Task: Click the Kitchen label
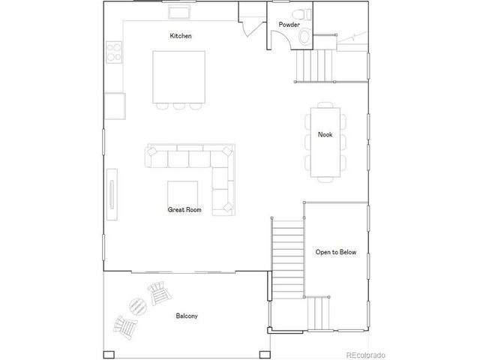point(181,36)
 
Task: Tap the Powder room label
point(289,25)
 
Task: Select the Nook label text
point(325,135)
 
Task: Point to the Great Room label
point(184,210)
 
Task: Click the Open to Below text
point(335,252)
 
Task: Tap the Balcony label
point(187,316)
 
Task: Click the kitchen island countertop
point(179,76)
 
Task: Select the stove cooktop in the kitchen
point(115,52)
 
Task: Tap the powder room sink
point(304,36)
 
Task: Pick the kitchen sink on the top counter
point(177,13)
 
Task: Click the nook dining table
point(325,142)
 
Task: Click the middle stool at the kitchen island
point(178,106)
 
